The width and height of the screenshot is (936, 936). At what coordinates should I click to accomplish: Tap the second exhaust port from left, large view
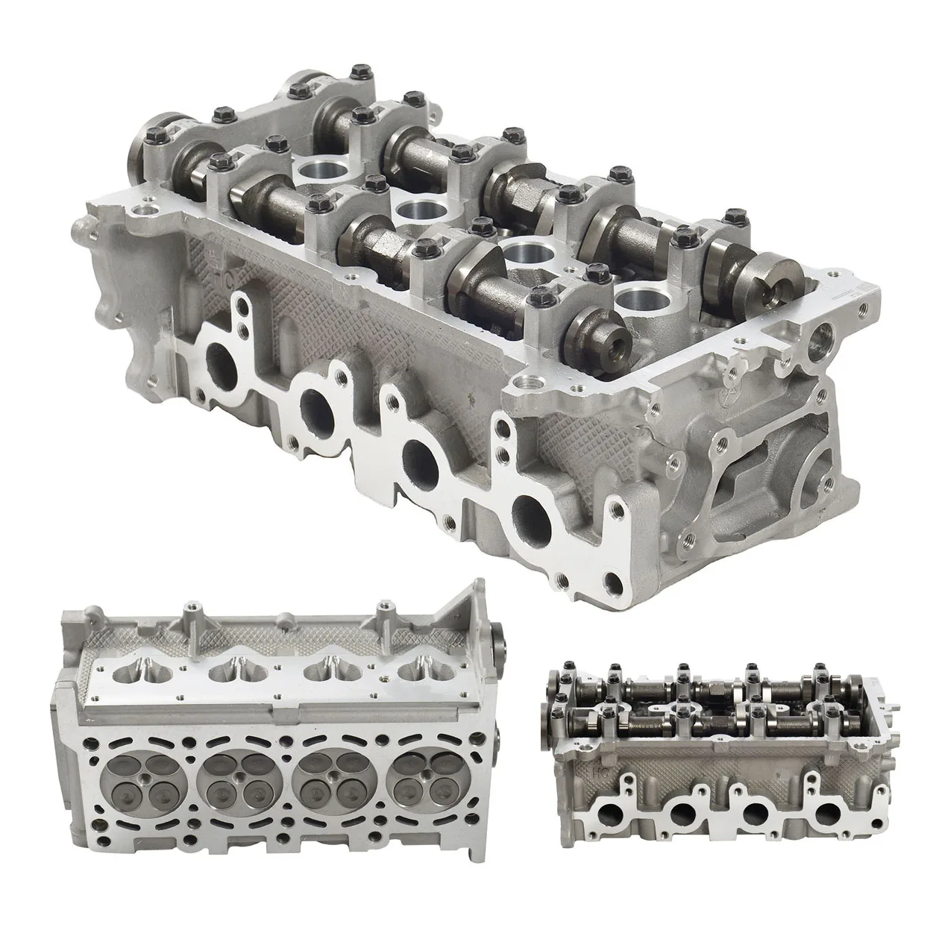coord(316,406)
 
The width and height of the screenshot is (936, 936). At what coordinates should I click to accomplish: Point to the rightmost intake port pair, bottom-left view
coord(424,673)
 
